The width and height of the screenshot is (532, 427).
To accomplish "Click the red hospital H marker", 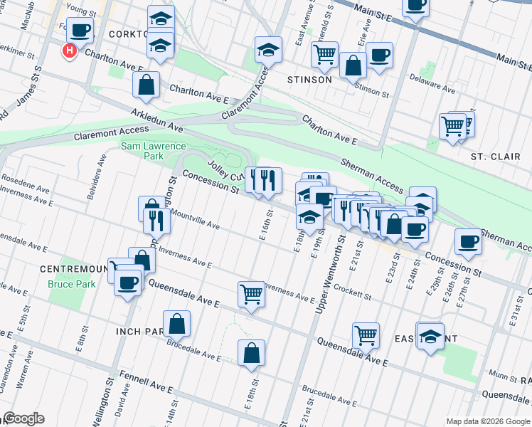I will tap(70, 51).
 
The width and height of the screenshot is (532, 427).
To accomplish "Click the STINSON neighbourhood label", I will tap(309, 80).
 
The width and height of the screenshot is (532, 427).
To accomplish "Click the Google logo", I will tap(23, 418).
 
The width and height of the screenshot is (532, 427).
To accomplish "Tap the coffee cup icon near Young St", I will tap(81, 30).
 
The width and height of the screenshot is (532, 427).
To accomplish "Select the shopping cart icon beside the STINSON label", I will tap(324, 54).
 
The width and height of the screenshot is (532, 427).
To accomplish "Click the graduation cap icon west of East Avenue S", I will tap(268, 49).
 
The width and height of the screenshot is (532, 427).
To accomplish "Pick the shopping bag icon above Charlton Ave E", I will tap(146, 85).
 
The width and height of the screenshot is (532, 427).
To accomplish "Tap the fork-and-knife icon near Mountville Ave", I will tap(156, 221).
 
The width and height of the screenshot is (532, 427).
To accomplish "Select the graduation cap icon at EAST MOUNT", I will tap(430, 335).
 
